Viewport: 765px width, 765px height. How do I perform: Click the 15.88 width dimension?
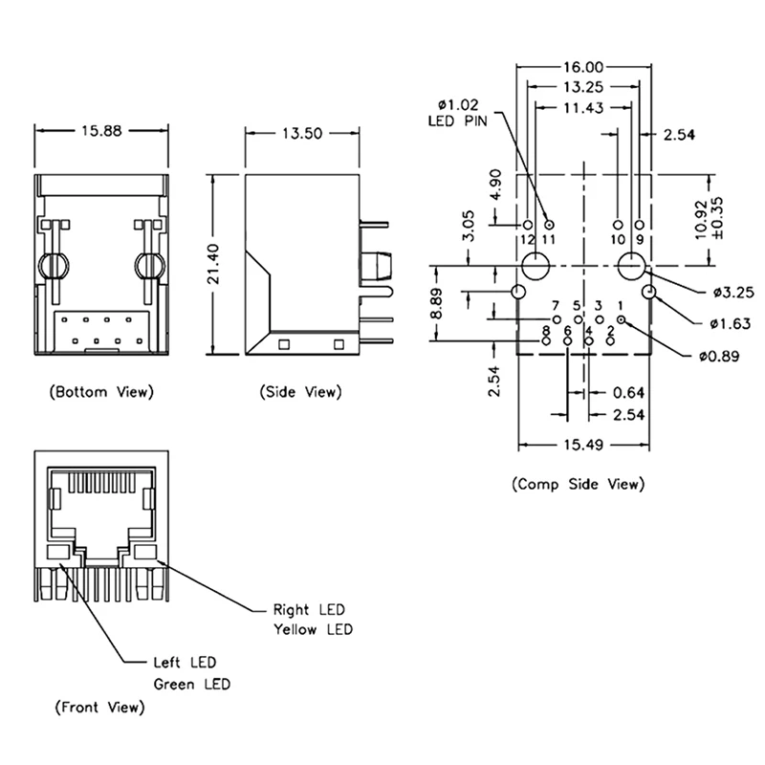(x=102, y=132)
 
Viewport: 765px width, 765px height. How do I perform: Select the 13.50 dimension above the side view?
(x=300, y=134)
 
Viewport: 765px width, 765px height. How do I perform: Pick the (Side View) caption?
(x=300, y=392)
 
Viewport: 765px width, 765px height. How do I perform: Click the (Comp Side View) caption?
(x=578, y=484)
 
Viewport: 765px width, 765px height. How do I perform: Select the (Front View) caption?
(x=99, y=708)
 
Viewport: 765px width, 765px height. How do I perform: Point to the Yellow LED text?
(x=313, y=629)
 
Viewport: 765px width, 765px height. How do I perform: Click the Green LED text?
(x=192, y=684)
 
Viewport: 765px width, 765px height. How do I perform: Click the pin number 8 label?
(x=546, y=330)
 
